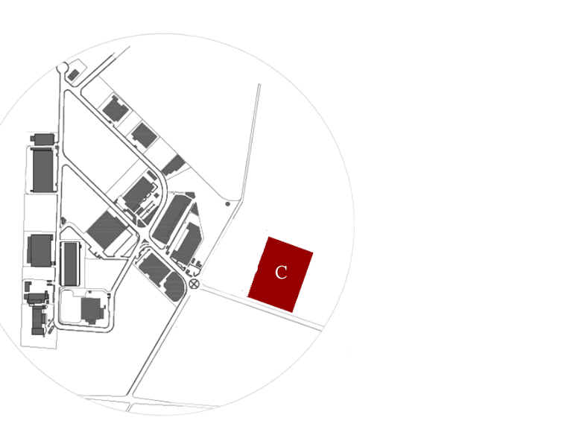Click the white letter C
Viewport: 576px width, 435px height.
pyautogui.click(x=281, y=273)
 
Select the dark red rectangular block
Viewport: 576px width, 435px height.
pyautogui.click(x=281, y=274)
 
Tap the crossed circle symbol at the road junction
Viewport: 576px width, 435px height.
pyautogui.click(x=194, y=283)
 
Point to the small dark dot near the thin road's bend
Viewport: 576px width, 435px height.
pyautogui.click(x=228, y=204)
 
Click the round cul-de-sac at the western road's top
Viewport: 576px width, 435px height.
pyautogui.click(x=62, y=68)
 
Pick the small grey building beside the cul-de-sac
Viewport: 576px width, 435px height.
pyautogui.click(x=74, y=75)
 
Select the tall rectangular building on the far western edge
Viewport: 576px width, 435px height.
pyautogui.click(x=43, y=170)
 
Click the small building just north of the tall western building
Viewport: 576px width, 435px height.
pyautogui.click(x=43, y=139)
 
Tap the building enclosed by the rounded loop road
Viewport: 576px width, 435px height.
pyautogui.click(x=92, y=310)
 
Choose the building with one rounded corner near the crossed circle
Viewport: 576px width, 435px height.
pyautogui.click(x=174, y=287)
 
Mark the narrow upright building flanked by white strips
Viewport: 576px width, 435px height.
pyautogui.click(x=71, y=264)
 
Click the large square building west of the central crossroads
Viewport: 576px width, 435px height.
pyautogui.click(x=107, y=229)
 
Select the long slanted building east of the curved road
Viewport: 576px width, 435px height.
pyautogui.click(x=171, y=219)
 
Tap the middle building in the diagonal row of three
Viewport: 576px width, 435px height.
pyautogui.click(x=144, y=135)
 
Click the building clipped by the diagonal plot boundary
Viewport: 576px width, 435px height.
pyautogui.click(x=174, y=165)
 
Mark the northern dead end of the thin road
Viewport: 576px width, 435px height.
pyautogui.click(x=259, y=85)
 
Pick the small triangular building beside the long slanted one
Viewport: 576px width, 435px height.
pyautogui.click(x=194, y=209)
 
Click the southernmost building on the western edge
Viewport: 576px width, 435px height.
pyautogui.click(x=37, y=320)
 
